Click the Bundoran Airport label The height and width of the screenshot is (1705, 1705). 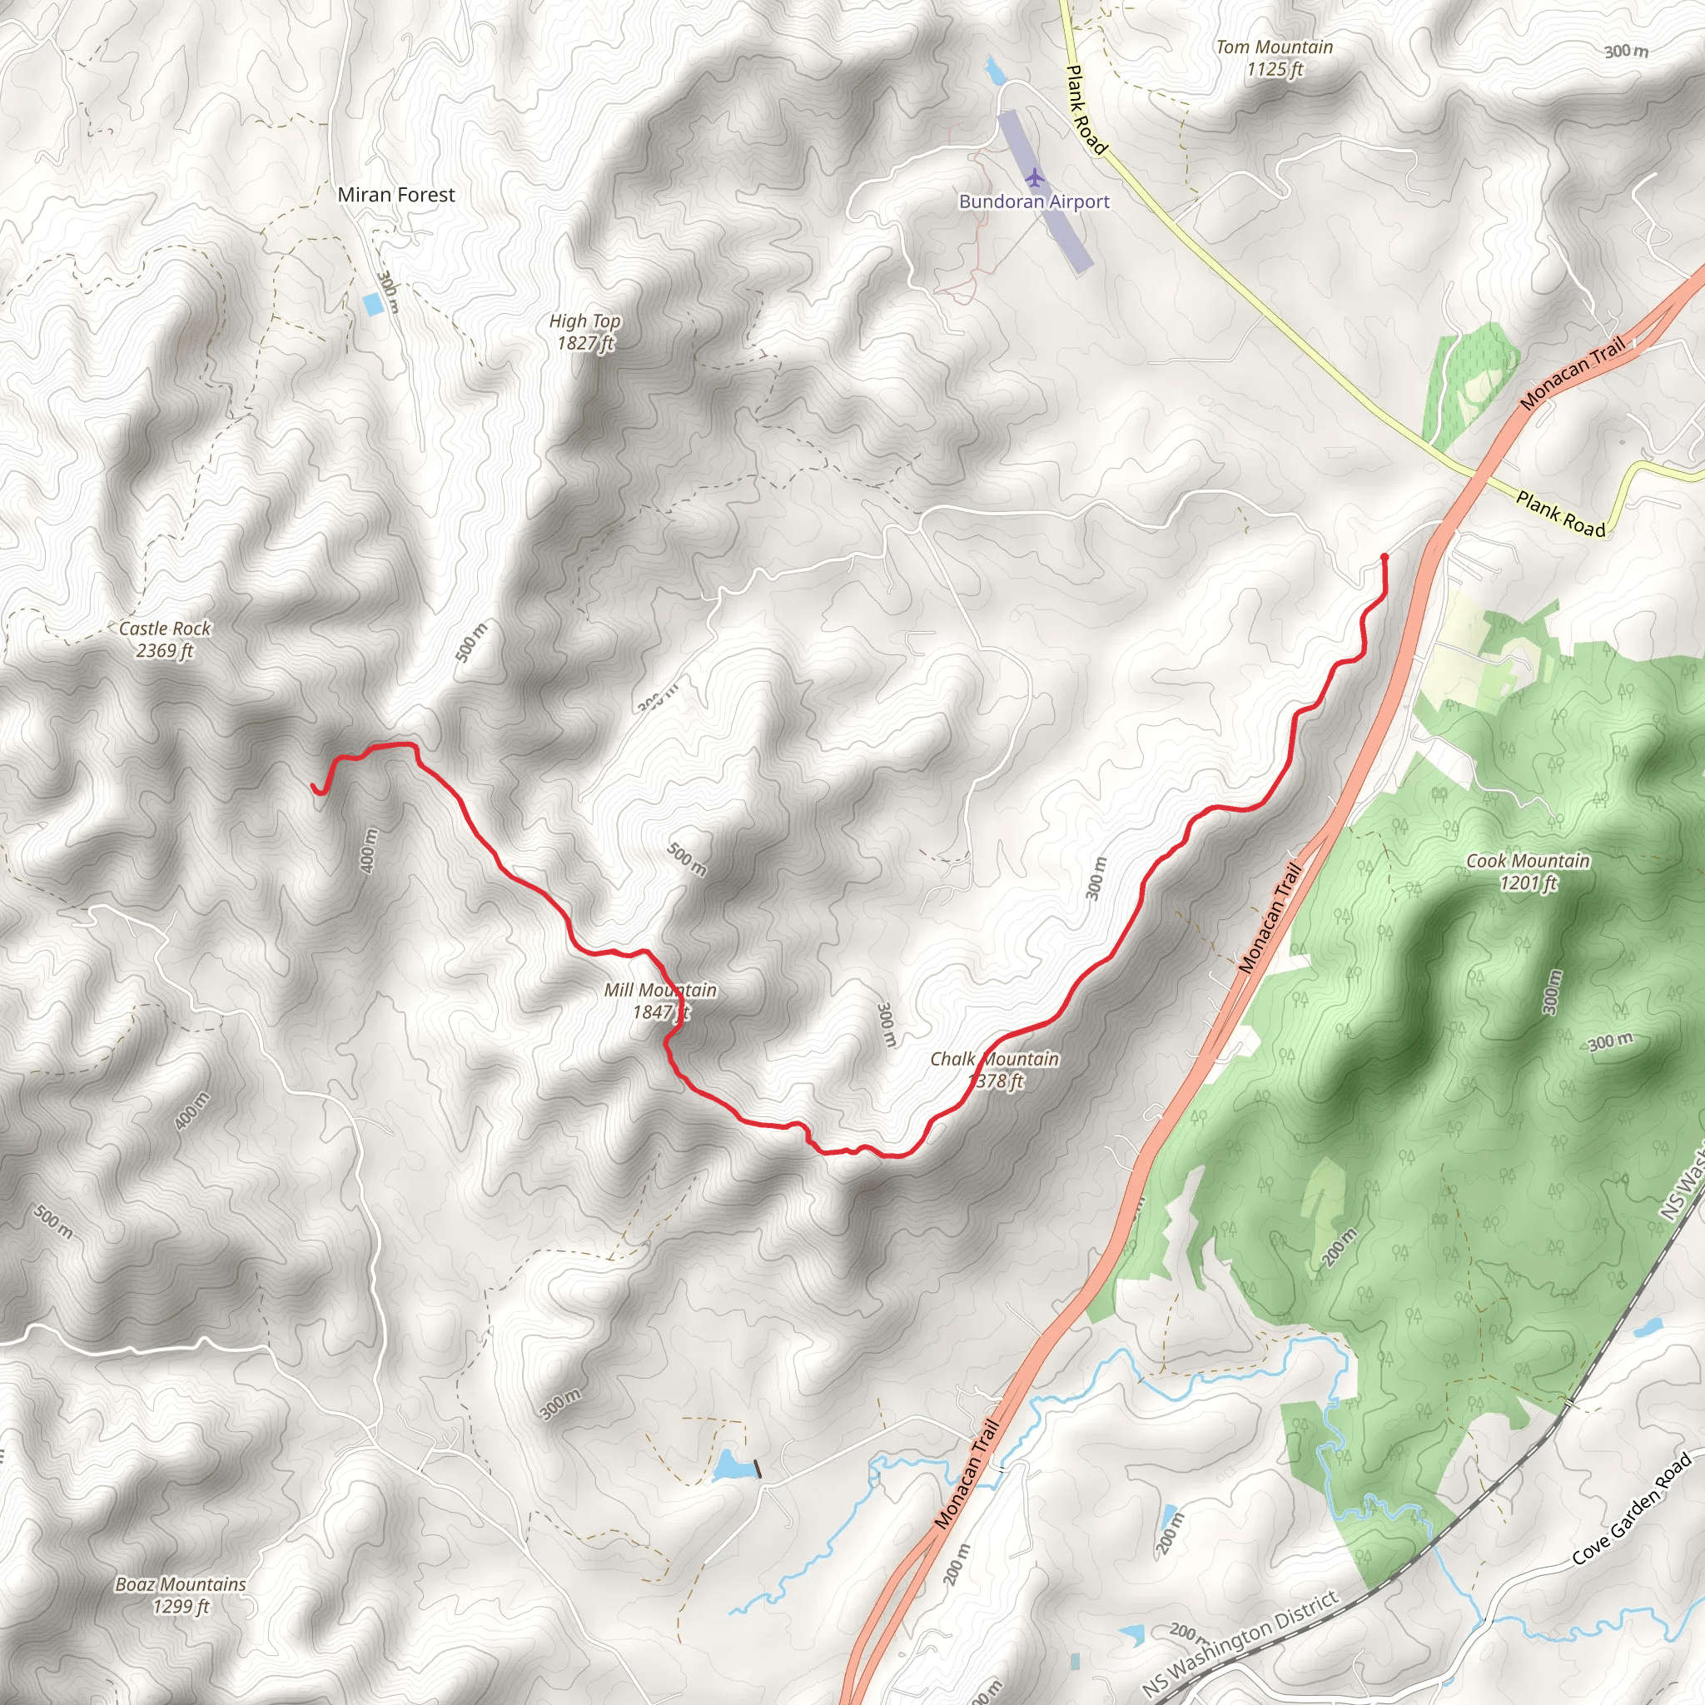pos(1033,201)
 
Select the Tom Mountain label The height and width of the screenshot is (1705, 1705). pos(1274,57)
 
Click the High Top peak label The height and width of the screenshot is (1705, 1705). pos(584,332)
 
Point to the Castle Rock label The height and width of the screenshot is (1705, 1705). pos(165,639)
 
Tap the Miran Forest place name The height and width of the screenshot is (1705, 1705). pos(396,194)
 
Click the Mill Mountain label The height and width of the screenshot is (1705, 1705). pos(660,1001)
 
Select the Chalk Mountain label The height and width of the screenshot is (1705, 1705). pos(995,1069)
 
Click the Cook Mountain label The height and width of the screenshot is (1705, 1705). pos(1528,871)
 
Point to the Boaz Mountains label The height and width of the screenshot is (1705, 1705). pos(181,1594)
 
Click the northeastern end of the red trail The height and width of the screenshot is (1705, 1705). pos(1384,557)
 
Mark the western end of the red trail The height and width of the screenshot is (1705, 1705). pos(315,788)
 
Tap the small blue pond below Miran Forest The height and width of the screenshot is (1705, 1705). pos(373,305)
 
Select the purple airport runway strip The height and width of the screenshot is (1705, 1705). pos(1046,191)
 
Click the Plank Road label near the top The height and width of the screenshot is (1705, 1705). pos(1086,109)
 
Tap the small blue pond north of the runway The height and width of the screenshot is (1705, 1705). pos(995,70)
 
